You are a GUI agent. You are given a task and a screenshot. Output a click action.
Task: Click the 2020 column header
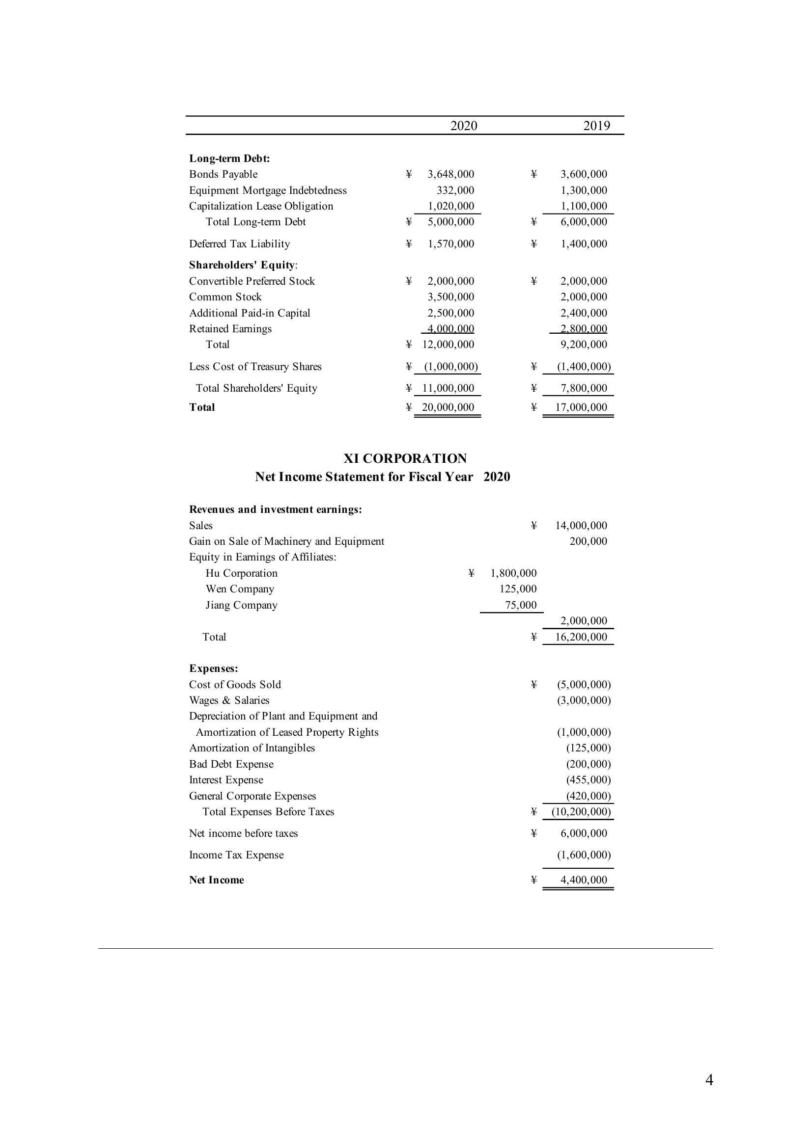click(463, 126)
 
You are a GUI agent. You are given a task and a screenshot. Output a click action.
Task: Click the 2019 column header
click(596, 126)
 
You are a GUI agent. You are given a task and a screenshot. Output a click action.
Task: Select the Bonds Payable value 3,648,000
click(450, 174)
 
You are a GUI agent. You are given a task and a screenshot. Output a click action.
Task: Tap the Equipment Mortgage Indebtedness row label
click(268, 190)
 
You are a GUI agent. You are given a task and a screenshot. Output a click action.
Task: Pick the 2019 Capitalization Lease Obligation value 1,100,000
click(584, 206)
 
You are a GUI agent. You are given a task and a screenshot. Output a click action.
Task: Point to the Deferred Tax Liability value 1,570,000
click(450, 243)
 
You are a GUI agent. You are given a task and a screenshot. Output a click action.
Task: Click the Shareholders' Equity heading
click(243, 265)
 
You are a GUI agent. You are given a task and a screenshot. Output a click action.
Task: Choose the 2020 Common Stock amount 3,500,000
click(450, 296)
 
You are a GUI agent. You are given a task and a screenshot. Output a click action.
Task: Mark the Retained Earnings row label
click(230, 328)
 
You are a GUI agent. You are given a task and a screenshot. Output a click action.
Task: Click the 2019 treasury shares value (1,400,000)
click(584, 367)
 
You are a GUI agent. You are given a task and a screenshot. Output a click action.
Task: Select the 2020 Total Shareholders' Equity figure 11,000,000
click(448, 388)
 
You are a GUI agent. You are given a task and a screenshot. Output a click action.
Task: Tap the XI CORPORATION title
click(405, 458)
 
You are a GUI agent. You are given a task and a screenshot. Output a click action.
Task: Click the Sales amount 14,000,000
click(581, 526)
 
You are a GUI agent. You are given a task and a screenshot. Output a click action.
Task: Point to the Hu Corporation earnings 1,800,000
click(513, 573)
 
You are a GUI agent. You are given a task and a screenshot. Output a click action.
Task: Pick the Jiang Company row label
click(241, 605)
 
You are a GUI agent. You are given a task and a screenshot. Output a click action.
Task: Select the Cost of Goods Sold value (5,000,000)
click(584, 685)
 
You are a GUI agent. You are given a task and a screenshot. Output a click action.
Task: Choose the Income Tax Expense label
click(236, 855)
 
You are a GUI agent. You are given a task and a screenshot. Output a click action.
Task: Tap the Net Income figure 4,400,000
click(584, 880)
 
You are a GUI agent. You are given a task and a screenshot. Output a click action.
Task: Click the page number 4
click(709, 1080)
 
